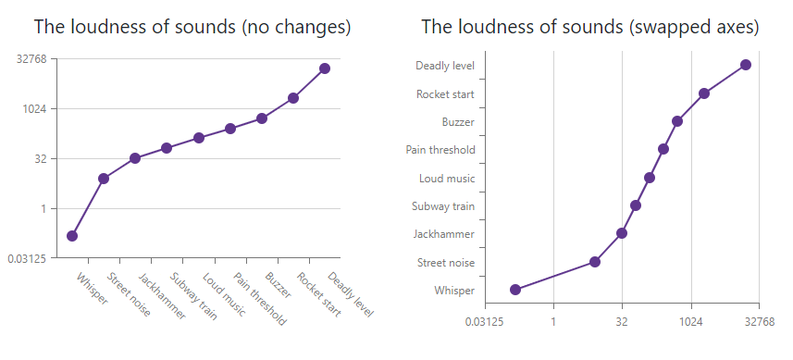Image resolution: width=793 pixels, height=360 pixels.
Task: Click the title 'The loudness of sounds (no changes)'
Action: tap(192, 27)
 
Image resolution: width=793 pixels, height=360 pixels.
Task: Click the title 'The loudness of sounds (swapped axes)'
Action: tap(590, 27)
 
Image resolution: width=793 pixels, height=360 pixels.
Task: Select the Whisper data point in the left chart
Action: tap(72, 236)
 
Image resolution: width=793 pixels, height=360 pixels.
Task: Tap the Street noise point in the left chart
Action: tap(104, 179)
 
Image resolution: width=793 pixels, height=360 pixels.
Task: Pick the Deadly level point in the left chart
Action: tap(325, 68)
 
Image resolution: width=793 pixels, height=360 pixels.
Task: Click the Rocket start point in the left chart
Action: tap(293, 98)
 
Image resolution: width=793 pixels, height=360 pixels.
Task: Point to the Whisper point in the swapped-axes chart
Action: tap(515, 290)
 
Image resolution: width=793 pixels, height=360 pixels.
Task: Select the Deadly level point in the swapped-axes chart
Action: tap(746, 65)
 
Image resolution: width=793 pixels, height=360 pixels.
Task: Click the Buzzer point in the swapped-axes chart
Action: tap(677, 121)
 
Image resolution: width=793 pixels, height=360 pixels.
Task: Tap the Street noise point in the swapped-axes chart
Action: tap(595, 262)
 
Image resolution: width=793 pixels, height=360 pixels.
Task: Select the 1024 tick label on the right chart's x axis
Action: tap(690, 321)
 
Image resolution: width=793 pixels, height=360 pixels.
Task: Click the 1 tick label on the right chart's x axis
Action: tap(553, 321)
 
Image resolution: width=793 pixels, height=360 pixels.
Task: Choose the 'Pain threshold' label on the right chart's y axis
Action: tap(440, 150)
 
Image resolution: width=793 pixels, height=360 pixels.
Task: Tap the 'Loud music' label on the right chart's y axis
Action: tap(447, 178)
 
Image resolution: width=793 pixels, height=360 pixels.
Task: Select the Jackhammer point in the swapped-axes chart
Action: tap(622, 233)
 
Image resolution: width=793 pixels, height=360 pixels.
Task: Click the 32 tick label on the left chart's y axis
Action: tap(40, 158)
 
